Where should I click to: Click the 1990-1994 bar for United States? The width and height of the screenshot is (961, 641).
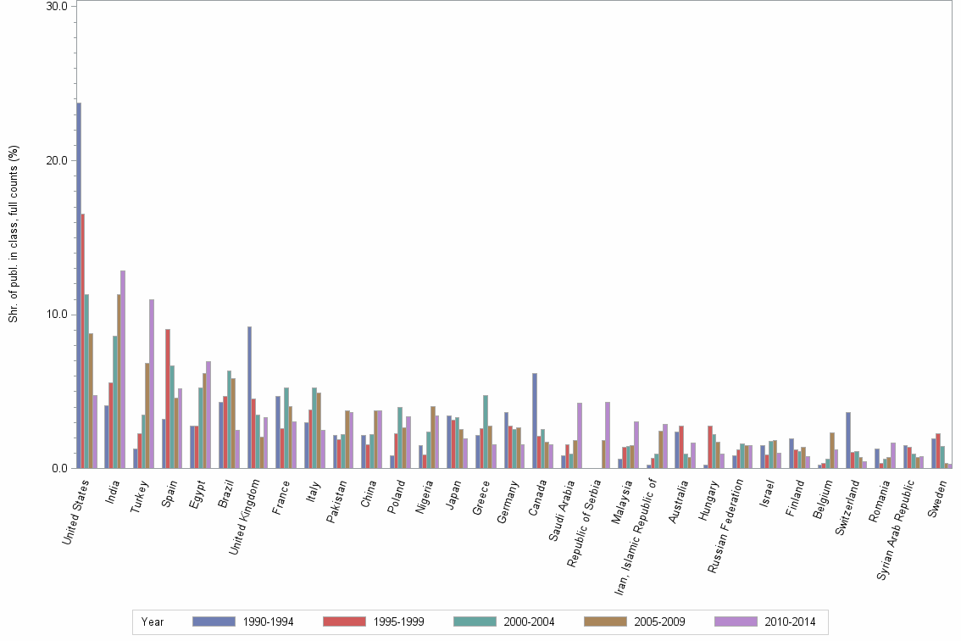[79, 285]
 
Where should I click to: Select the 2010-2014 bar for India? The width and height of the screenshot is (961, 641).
[123, 369]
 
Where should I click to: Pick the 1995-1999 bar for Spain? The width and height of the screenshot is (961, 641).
[168, 399]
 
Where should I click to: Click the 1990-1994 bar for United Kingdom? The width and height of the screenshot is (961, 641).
[249, 397]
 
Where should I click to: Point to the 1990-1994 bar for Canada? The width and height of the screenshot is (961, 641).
[535, 421]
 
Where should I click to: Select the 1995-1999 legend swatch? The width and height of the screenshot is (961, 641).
[347, 621]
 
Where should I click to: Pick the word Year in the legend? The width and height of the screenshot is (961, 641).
[153, 621]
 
